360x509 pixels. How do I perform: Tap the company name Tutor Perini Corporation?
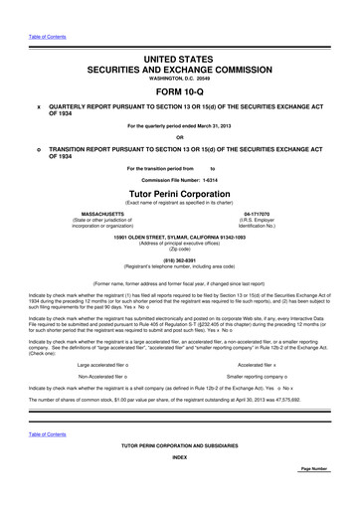(x=180, y=191)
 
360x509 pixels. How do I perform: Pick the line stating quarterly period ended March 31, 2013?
(x=180, y=126)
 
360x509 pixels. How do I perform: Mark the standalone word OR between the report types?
(x=180, y=137)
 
